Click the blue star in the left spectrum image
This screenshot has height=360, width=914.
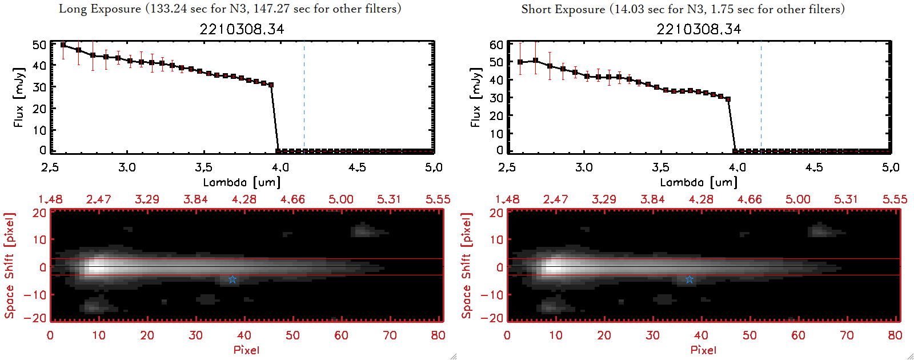232,279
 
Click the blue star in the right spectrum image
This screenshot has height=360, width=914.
689,279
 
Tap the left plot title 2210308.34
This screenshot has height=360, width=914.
242,29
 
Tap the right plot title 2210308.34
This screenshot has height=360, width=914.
699,29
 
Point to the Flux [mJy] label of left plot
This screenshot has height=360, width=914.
19,97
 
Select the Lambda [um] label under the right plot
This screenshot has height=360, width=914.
699,182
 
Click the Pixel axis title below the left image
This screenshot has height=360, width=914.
246,350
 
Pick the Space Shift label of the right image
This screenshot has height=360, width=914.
467,266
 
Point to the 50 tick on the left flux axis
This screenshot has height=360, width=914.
39,45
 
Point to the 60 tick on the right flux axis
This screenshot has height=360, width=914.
496,45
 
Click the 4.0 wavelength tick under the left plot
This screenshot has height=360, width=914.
280,167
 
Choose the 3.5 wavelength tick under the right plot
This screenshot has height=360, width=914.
660,167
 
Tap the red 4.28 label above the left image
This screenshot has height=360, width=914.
244,199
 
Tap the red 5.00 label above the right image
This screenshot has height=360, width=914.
798,199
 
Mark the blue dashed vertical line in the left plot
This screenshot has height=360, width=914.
304,97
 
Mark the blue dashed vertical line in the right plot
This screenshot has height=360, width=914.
761,97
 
